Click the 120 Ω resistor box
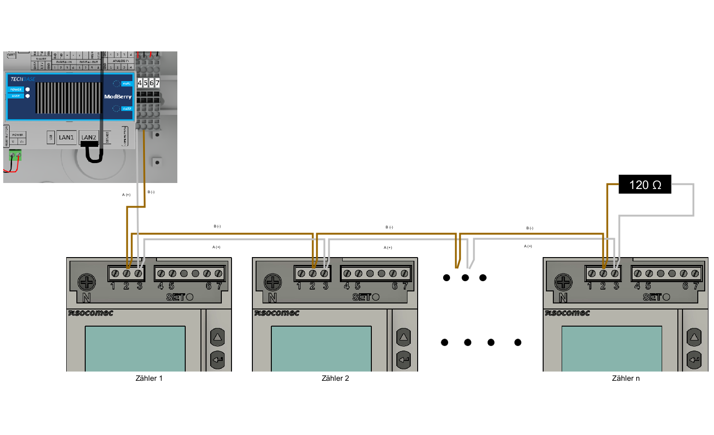point(645,184)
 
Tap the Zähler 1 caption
point(149,378)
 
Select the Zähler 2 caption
point(335,378)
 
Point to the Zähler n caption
point(626,378)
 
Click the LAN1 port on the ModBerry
point(66,138)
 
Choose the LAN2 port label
point(88,138)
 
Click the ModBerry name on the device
point(118,97)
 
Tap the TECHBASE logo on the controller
point(23,79)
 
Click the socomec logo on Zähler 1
point(91,313)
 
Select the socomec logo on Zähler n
point(567,313)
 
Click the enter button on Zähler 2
point(404,359)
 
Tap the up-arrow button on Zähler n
point(694,337)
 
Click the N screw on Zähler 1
point(87,282)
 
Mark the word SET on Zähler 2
point(361,297)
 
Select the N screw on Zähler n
point(563,282)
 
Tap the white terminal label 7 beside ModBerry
point(157,83)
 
